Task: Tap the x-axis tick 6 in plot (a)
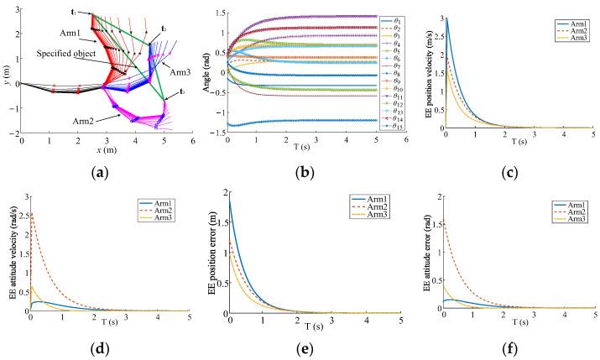point(193,142)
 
